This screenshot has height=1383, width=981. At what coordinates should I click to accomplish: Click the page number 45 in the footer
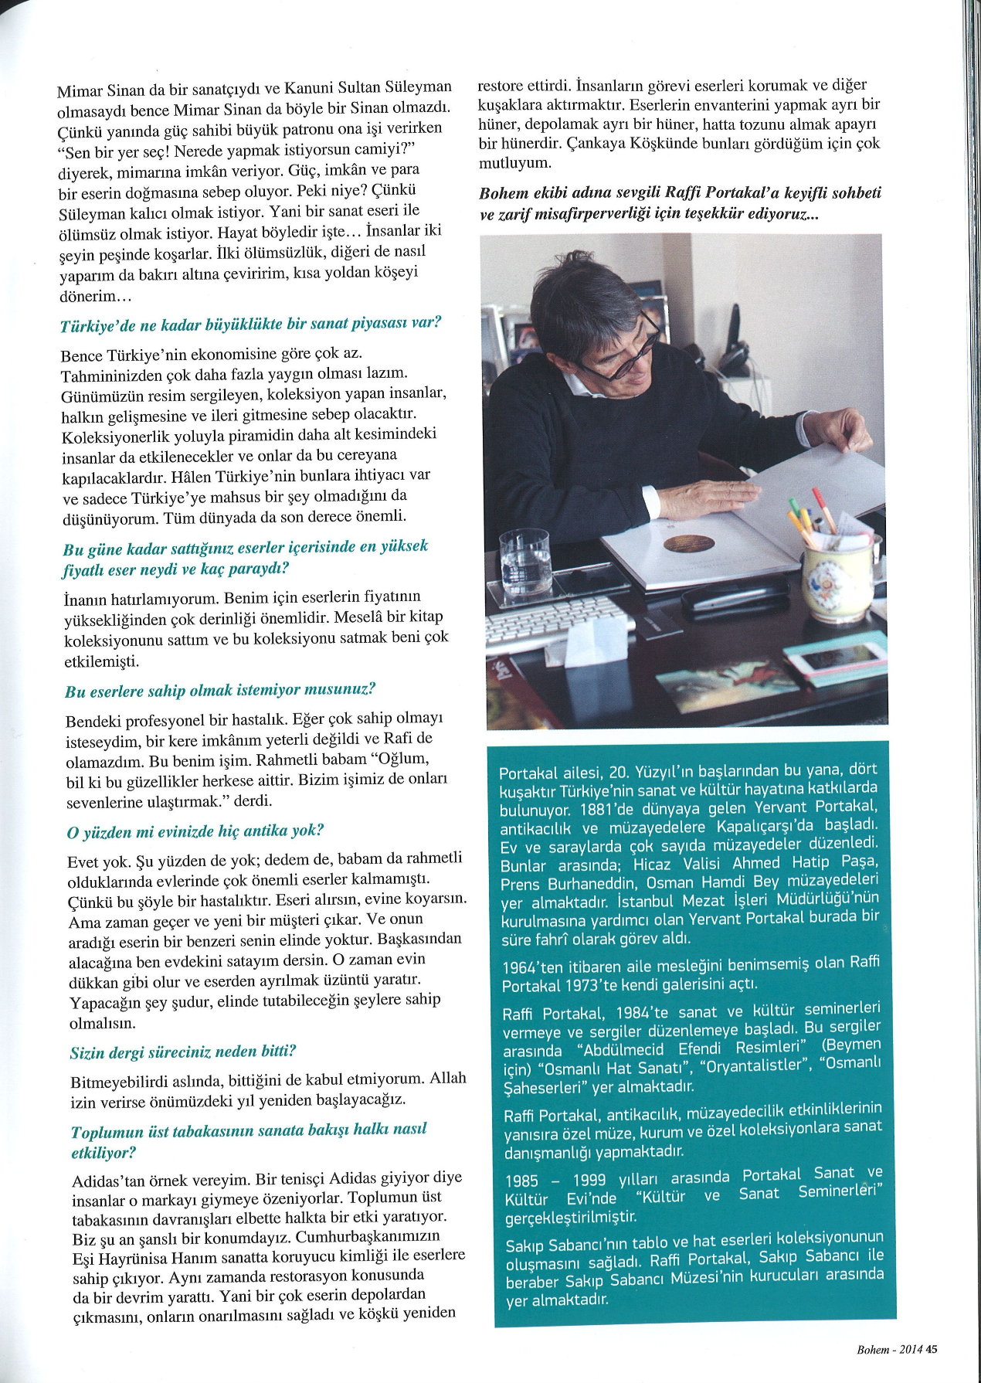pyautogui.click(x=931, y=1350)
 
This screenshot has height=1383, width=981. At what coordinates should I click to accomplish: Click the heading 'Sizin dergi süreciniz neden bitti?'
pyautogui.click(x=183, y=1052)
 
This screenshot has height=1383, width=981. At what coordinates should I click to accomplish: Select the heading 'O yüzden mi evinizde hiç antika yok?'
pyautogui.click(x=195, y=831)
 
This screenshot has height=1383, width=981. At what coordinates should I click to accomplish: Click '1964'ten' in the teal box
pyautogui.click(x=529, y=967)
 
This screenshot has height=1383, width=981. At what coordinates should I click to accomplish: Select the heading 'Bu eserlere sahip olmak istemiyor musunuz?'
pyautogui.click(x=220, y=691)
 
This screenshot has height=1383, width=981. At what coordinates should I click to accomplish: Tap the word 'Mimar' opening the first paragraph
pyautogui.click(x=79, y=91)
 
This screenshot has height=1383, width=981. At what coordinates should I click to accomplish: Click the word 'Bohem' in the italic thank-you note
pyautogui.click(x=503, y=193)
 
